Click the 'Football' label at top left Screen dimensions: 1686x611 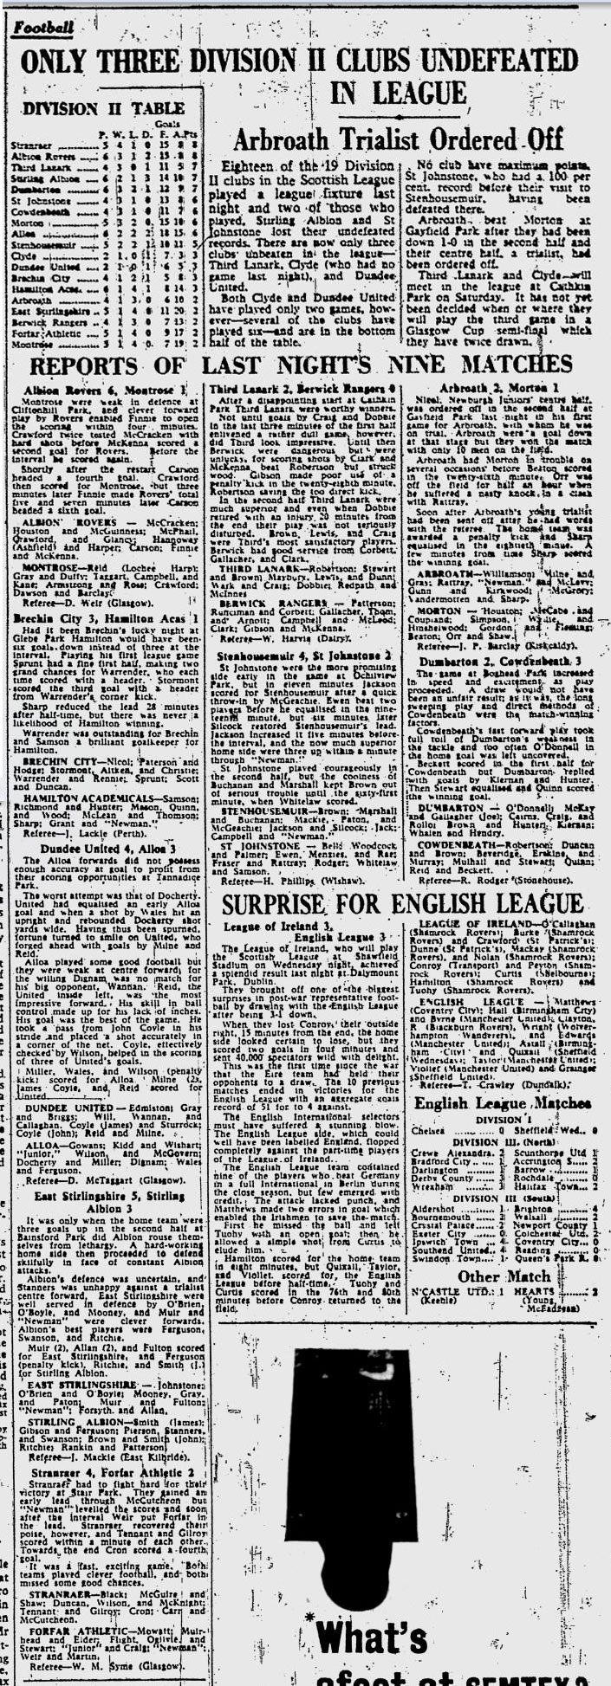tap(43, 27)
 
